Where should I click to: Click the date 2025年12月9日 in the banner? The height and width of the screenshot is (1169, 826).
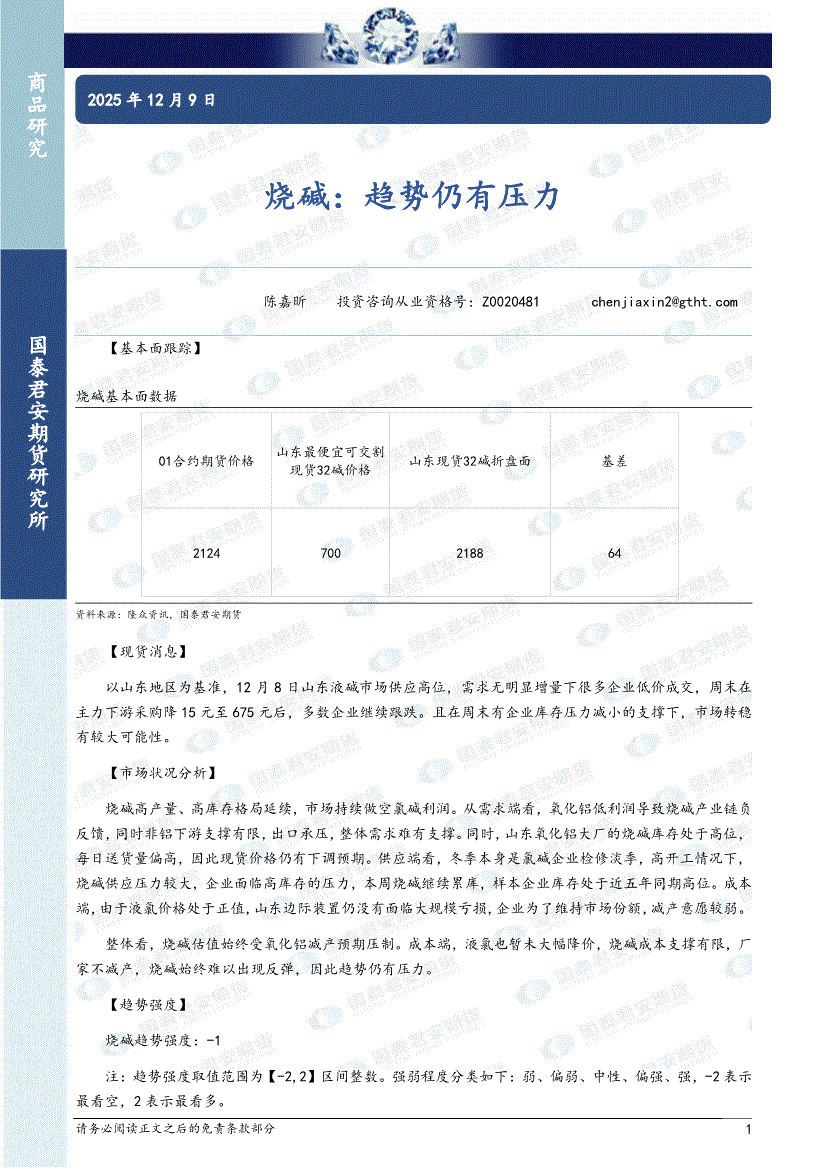[152, 100]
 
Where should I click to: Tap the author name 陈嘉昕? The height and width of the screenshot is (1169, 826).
[285, 301]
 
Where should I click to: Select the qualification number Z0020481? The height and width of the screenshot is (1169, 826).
[510, 301]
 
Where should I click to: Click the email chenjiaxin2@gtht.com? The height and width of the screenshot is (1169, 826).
[664, 301]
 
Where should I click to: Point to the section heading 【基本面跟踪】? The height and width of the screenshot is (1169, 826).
[155, 349]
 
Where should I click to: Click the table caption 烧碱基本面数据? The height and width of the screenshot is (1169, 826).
[127, 397]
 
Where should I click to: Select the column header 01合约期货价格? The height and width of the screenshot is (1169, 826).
[207, 461]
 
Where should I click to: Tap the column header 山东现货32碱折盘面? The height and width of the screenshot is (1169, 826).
[469, 461]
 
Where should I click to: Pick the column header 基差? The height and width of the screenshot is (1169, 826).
[614, 461]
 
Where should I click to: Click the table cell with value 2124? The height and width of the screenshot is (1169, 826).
[206, 553]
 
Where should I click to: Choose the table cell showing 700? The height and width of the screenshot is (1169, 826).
[331, 553]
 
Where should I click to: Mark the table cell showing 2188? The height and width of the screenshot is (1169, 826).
[469, 553]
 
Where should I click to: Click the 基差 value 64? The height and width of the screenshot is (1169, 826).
[614, 553]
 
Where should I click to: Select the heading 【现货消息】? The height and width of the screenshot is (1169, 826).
[148, 651]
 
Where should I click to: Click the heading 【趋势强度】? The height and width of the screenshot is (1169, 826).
[148, 1005]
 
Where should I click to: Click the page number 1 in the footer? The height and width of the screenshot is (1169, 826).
[748, 1129]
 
